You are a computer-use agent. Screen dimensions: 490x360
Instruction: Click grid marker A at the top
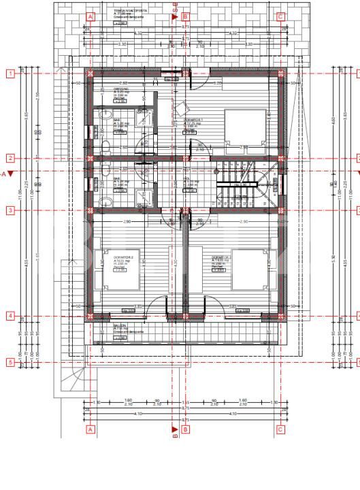[90, 16]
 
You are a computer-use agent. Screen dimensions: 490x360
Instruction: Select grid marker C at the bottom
[280, 429]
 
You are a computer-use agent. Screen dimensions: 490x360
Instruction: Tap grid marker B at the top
[185, 16]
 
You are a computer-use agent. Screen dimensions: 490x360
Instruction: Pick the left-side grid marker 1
[10, 73]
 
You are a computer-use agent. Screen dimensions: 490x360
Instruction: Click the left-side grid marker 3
[10, 210]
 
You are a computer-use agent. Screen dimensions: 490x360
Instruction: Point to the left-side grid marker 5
[10, 363]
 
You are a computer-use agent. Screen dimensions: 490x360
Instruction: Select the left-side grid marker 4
[10, 316]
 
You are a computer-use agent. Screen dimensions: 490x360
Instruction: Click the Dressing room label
[120, 93]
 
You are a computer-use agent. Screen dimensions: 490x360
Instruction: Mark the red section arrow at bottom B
[175, 429]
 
